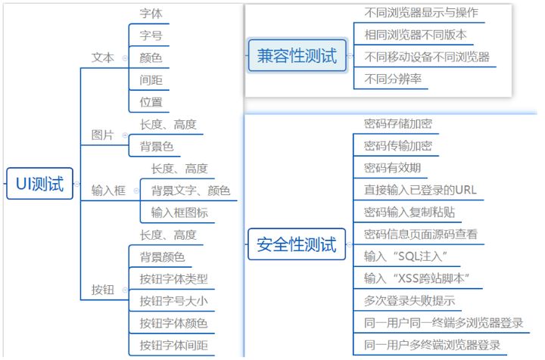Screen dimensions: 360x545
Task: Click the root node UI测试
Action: click(40, 184)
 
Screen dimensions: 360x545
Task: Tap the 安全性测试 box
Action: click(296, 244)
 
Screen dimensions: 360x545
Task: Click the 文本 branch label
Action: click(102, 57)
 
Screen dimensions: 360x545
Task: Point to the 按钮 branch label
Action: click(102, 290)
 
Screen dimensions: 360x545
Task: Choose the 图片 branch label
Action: click(102, 135)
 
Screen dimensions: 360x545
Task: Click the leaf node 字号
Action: click(151, 35)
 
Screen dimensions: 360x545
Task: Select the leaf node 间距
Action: click(151, 79)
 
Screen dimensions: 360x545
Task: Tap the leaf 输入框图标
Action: click(179, 213)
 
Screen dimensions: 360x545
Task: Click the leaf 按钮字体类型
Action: click(173, 279)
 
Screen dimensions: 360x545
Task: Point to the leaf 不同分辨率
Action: click(393, 79)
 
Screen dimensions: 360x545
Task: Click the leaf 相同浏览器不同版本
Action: click(416, 35)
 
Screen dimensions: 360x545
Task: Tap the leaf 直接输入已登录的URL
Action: click(420, 190)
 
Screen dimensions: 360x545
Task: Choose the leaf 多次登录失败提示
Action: click(410, 301)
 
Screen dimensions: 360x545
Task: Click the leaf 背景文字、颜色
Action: click(190, 190)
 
